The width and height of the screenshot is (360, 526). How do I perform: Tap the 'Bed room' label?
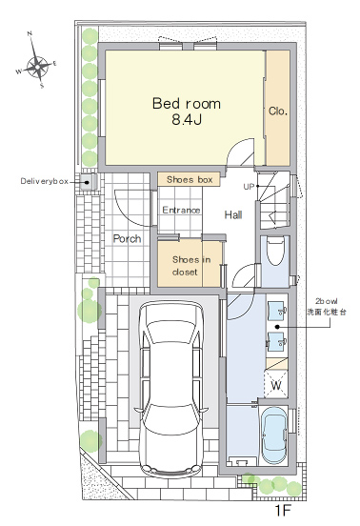coord(187,103)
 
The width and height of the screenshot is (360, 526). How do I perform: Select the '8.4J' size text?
coord(187,120)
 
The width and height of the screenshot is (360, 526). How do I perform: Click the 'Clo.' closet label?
coord(278,111)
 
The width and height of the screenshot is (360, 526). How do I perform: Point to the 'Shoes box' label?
coord(190,179)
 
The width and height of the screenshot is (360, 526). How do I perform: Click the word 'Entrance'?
coord(181,210)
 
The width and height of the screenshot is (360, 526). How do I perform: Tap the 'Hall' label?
coord(233,214)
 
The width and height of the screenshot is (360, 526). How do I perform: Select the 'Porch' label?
coord(127,238)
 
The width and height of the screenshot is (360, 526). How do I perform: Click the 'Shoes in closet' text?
coord(190,265)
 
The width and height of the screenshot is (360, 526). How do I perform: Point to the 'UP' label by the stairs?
coord(249,187)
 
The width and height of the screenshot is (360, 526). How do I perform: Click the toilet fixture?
coord(275,252)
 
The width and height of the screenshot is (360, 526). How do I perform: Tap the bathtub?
coord(275,435)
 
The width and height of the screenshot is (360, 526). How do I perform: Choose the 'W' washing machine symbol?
coord(276,386)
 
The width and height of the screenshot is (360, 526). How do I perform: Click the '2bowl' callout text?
coord(326,301)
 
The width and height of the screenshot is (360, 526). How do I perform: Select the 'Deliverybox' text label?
coord(45,181)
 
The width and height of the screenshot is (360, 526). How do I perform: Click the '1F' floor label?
coord(283,511)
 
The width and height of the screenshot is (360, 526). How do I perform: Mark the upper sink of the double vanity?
coord(276,310)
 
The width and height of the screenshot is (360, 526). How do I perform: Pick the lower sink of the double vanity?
coord(276,341)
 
